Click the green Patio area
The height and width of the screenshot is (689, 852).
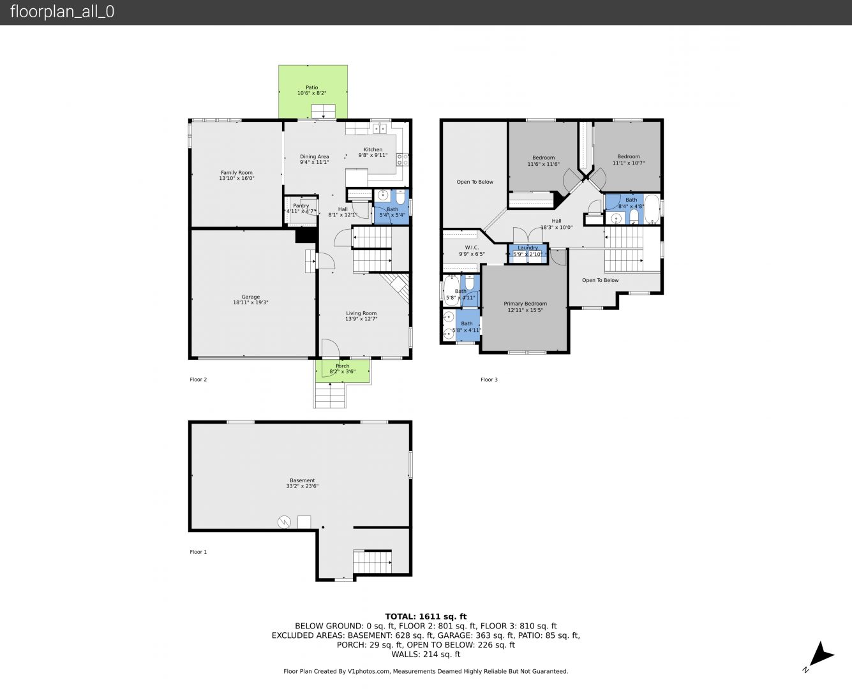pyautogui.click(x=313, y=92)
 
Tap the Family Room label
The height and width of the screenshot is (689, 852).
pyautogui.click(x=236, y=173)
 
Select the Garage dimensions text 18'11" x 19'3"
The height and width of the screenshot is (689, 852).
pyautogui.click(x=250, y=302)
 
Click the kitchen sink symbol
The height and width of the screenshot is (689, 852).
pyautogui.click(x=380, y=129)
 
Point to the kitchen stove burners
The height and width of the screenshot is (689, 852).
pyautogui.click(x=402, y=159)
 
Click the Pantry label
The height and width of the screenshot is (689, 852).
pyautogui.click(x=301, y=205)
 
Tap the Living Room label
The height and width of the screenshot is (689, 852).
pyautogui.click(x=361, y=313)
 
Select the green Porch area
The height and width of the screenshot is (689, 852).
pyautogui.click(x=343, y=371)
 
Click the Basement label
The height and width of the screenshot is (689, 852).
pyautogui.click(x=303, y=480)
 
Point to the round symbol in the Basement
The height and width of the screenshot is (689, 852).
pyautogui.click(x=284, y=522)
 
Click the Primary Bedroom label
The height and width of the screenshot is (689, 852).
pyautogui.click(x=525, y=304)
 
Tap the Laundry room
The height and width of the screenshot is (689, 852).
pyautogui.click(x=528, y=253)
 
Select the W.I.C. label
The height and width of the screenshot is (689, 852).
pyautogui.click(x=472, y=248)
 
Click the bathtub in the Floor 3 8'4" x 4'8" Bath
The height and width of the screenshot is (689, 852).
pyautogui.click(x=652, y=209)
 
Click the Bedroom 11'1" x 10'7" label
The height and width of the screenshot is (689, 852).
pyautogui.click(x=629, y=156)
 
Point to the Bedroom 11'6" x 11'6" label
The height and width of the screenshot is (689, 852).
pyautogui.click(x=543, y=158)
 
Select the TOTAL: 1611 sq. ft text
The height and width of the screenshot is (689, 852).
pyautogui.click(x=426, y=617)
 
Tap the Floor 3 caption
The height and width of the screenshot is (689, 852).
pyautogui.click(x=489, y=380)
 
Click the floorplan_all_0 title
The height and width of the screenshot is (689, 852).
pyautogui.click(x=62, y=11)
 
